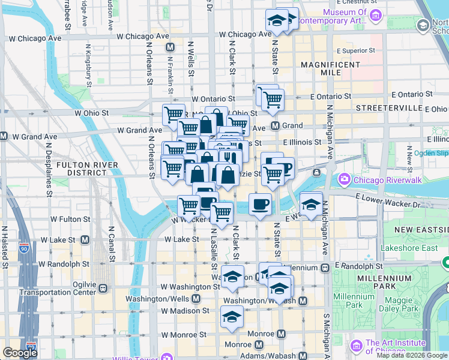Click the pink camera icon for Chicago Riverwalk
pyautogui.click(x=345, y=179)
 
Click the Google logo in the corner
pyautogui.click(x=20, y=353)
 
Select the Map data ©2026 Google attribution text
pyautogui.click(x=412, y=355)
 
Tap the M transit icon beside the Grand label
pyautogui.click(x=275, y=126)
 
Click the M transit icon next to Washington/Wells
pyautogui.click(x=196, y=298)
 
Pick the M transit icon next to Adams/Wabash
pyautogui.click(x=302, y=356)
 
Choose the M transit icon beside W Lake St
pyautogui.click(x=85, y=239)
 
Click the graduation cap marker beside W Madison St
pyautogui.click(x=232, y=317)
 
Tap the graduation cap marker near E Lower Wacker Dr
pyautogui.click(x=310, y=204)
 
